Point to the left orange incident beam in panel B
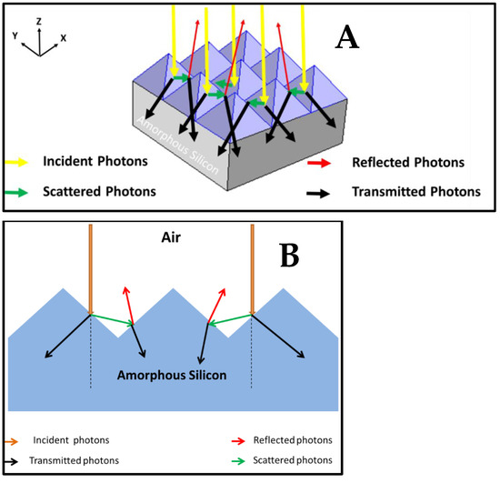pos(91,269)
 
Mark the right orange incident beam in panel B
pos(252,269)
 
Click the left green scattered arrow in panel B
pos(112,319)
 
